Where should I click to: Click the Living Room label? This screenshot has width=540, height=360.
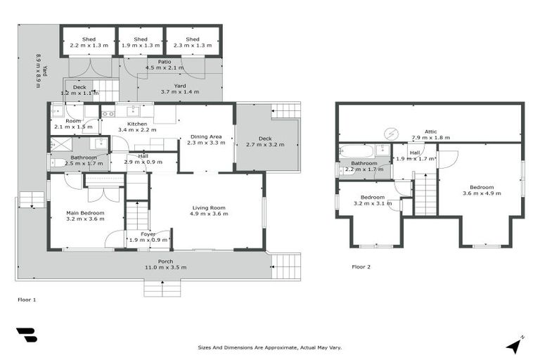click(x=210, y=207)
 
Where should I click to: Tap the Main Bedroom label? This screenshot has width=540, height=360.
click(x=85, y=212)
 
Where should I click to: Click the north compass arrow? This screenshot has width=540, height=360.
click(x=515, y=345)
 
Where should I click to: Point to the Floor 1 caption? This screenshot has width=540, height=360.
click(x=26, y=299)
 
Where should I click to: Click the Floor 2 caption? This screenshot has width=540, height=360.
click(x=361, y=267)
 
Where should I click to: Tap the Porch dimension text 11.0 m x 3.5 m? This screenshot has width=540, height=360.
click(x=165, y=268)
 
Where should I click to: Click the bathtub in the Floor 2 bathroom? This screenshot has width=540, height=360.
click(x=355, y=150)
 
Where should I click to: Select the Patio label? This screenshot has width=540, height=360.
click(x=164, y=62)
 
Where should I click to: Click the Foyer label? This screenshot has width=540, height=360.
click(x=148, y=233)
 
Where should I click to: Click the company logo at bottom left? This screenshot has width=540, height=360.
click(x=27, y=336)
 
